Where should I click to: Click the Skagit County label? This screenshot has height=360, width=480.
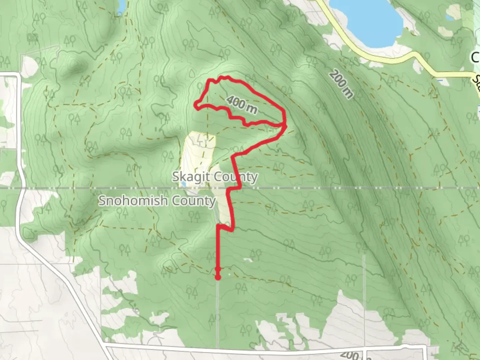point(215,177)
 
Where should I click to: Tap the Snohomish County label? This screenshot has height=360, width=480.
point(157,201)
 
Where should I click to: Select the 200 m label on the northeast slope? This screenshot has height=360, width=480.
point(341,85)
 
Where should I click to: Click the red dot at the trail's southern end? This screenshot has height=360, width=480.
point(218,277)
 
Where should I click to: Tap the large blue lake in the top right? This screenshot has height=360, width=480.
point(367,20)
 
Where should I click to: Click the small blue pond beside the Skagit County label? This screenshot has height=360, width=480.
point(183,184)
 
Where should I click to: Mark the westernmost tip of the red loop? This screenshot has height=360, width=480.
point(196,105)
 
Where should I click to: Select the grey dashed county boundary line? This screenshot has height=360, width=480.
point(333,188)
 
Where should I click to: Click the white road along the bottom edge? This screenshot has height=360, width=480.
point(267,350)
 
